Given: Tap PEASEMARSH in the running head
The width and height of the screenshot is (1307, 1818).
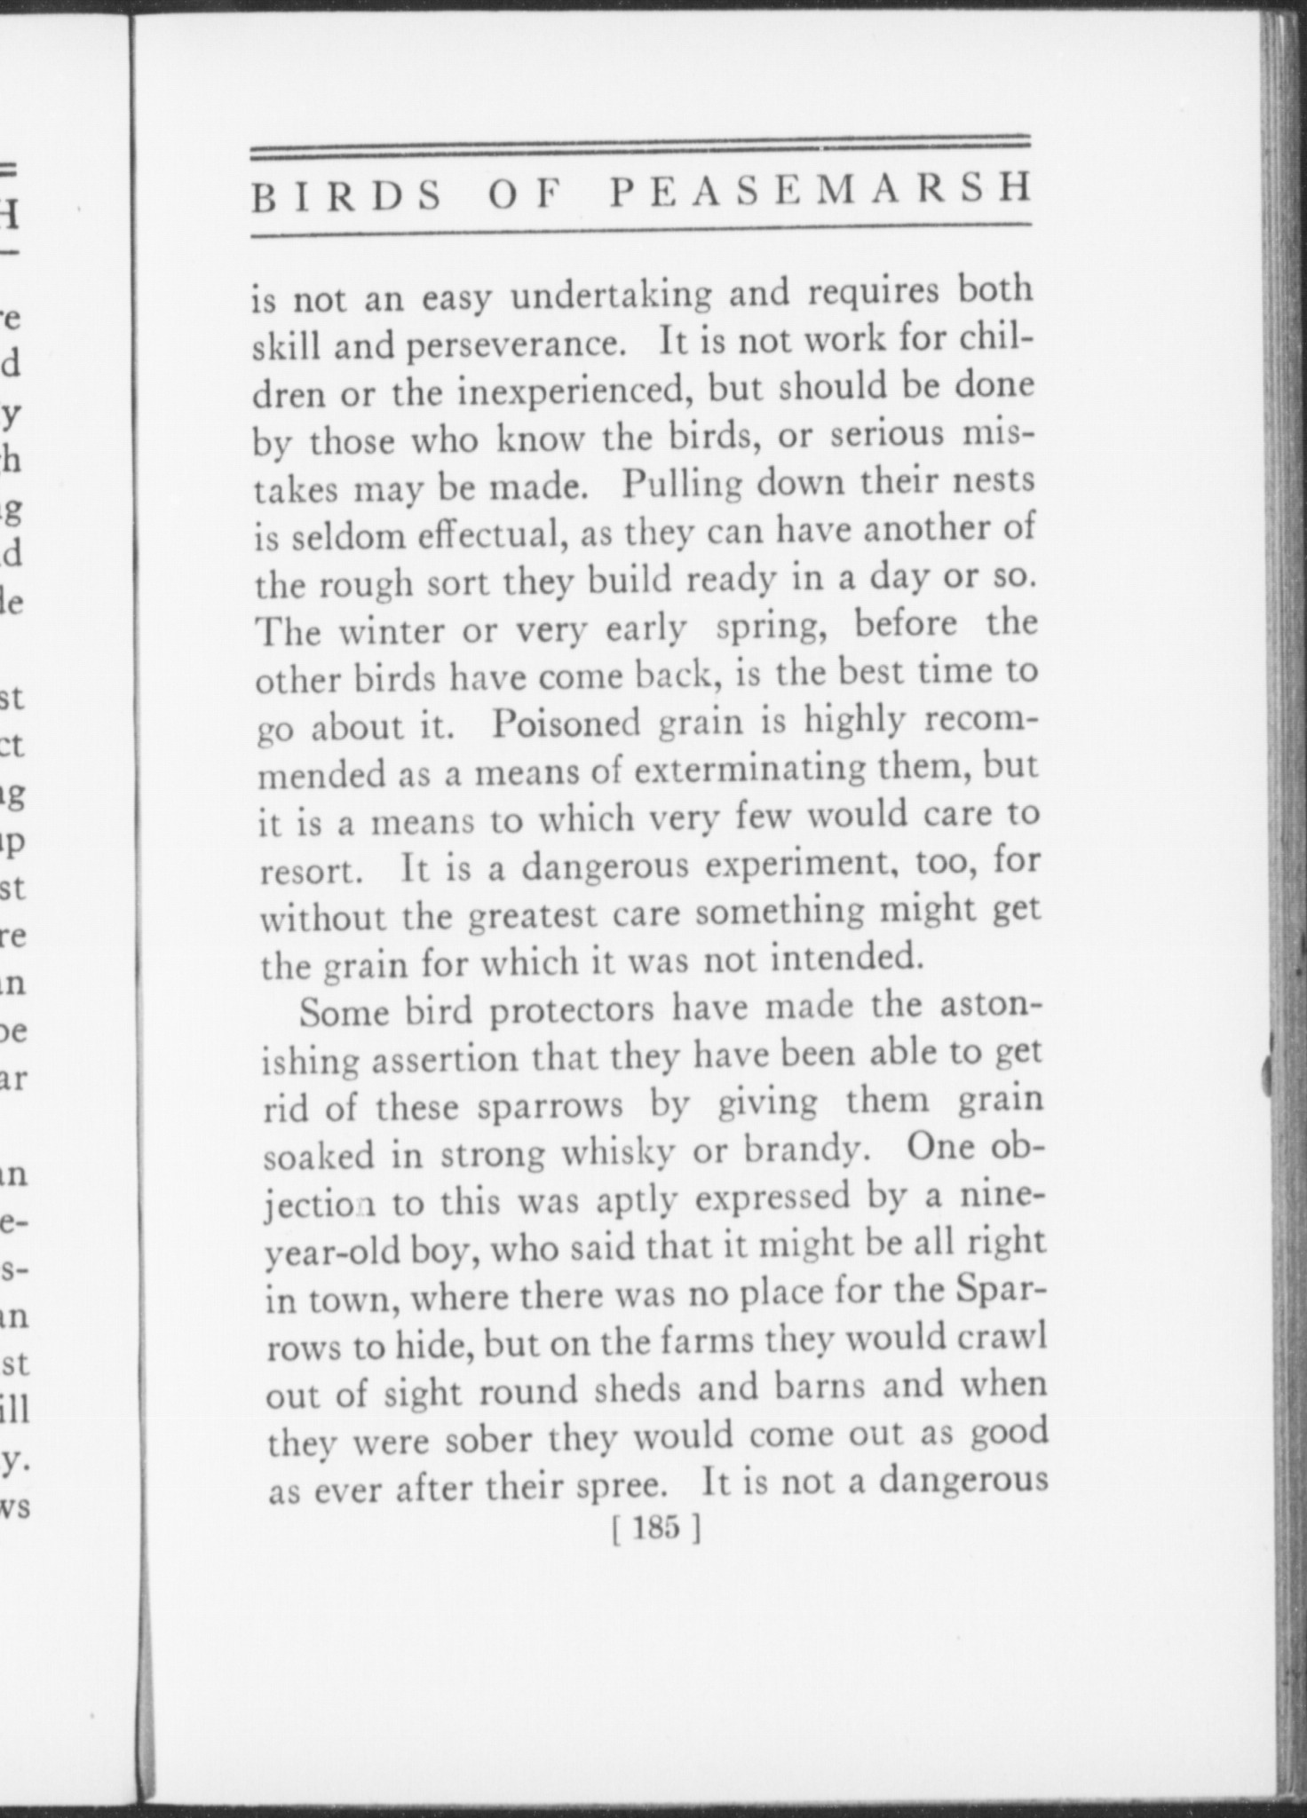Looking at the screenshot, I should click(x=820, y=192).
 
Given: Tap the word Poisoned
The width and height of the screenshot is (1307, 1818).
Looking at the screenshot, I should click(x=566, y=723).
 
